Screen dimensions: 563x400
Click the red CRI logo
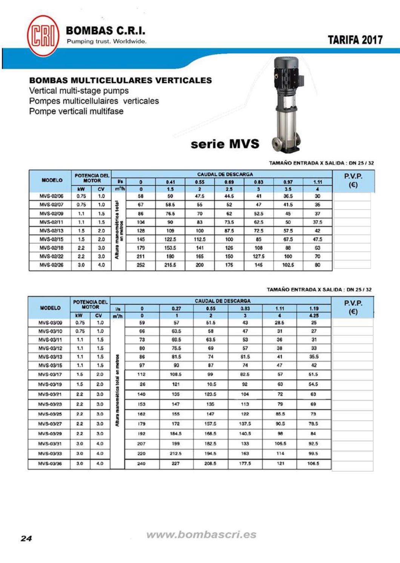43,36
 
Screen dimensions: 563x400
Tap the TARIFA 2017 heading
355,40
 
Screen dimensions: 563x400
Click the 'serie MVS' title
225,144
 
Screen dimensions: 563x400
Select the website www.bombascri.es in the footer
201,535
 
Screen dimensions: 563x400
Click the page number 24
26,538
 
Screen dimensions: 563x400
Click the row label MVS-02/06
51,196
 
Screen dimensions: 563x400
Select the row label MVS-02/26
51,265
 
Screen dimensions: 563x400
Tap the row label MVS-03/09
50,323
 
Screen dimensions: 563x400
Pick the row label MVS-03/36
50,463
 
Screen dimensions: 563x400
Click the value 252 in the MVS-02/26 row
141,265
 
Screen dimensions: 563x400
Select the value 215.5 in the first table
170,265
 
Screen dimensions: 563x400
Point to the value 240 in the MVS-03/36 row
141,463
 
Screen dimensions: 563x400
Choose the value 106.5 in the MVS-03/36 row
313,463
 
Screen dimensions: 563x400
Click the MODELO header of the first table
52,180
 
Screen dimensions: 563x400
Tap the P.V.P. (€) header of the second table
353,307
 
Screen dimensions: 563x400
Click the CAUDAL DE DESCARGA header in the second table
223,301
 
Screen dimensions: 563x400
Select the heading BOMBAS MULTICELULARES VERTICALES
120,80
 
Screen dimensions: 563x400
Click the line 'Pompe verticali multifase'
76,111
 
